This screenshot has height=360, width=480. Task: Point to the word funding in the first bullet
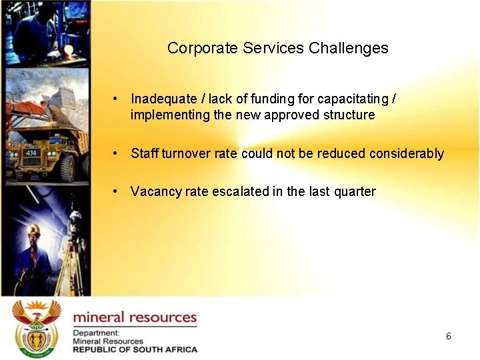point(273,99)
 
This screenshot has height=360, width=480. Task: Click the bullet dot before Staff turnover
point(116,153)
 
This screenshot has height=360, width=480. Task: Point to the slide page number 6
point(449,336)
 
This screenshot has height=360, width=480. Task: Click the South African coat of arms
point(36,326)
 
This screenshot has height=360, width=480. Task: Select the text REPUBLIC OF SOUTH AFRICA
point(135,349)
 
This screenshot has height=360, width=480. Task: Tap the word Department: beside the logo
point(97,333)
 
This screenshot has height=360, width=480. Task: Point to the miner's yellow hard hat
point(33,229)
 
